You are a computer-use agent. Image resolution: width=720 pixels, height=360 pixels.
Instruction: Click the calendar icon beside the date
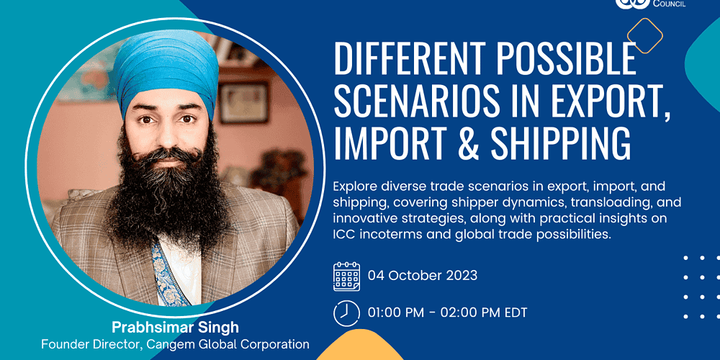[x=347, y=276]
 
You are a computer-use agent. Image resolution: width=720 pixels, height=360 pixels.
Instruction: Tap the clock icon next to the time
[x=347, y=312]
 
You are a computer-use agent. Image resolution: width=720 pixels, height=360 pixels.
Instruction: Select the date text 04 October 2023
[x=423, y=276]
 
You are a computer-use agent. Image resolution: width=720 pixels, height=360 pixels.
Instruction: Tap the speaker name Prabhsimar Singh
[x=176, y=328]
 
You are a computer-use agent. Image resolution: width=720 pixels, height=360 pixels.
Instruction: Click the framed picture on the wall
[x=244, y=102]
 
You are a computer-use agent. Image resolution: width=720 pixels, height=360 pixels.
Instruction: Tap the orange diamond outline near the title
[x=644, y=35]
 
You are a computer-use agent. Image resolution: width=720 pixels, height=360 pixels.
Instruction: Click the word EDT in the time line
[x=516, y=312]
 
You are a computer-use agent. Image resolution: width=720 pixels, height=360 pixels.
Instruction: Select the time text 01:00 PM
[x=399, y=312]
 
